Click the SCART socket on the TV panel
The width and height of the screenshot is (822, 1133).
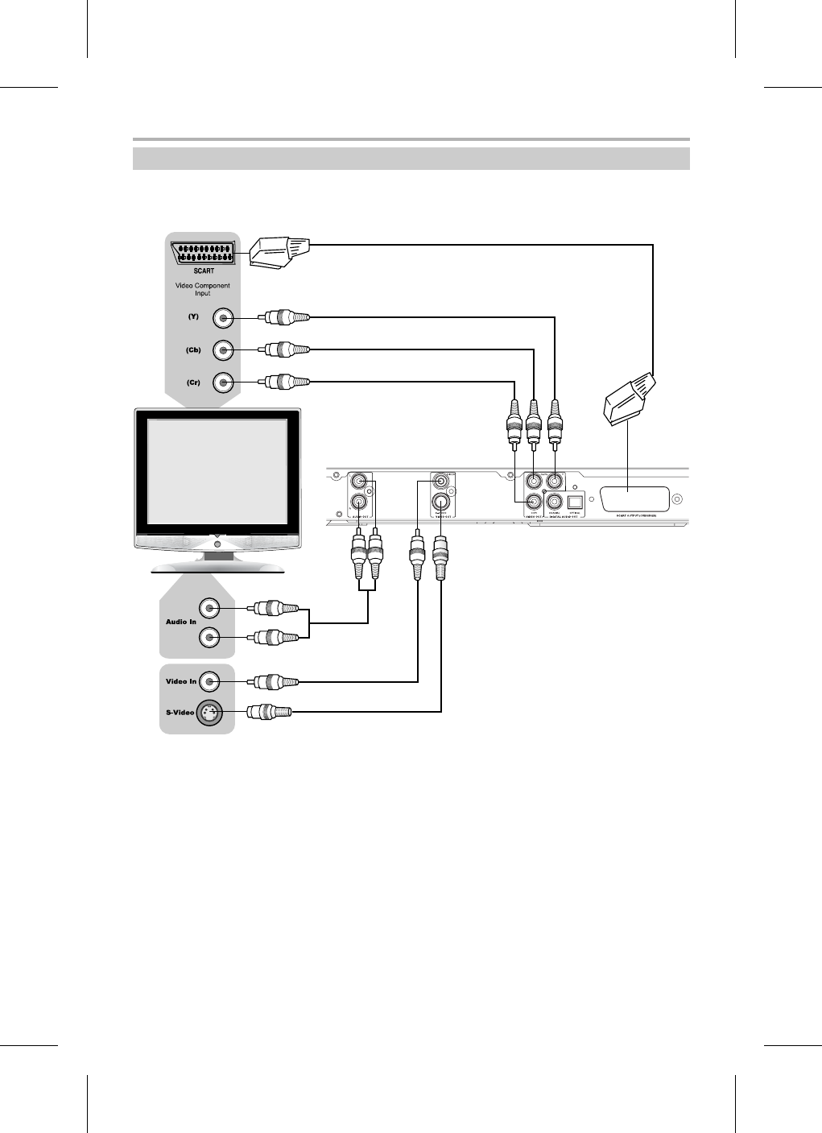(x=203, y=253)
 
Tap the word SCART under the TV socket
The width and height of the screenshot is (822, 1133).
(x=203, y=271)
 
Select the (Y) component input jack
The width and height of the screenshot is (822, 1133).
(x=223, y=319)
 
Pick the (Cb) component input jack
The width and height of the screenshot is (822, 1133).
(x=223, y=349)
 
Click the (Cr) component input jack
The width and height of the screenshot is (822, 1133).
(x=223, y=382)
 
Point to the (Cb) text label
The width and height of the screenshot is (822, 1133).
(x=193, y=349)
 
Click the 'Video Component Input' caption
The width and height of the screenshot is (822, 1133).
(x=203, y=289)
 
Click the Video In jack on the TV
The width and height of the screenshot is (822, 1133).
(x=209, y=682)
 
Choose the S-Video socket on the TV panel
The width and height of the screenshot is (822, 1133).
(x=209, y=712)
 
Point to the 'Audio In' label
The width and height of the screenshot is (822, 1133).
(x=181, y=622)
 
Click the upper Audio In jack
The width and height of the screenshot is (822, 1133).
(x=209, y=607)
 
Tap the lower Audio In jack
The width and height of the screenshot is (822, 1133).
(x=209, y=638)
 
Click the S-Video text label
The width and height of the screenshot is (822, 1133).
(x=180, y=713)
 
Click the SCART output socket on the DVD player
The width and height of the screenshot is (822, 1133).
(x=635, y=499)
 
